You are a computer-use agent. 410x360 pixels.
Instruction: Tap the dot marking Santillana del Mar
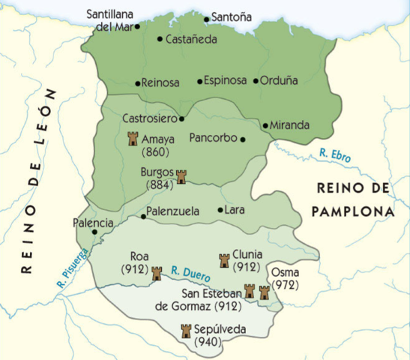[137, 25]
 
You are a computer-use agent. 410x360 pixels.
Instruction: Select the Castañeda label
[191, 39]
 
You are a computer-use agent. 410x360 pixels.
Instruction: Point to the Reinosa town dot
[137, 83]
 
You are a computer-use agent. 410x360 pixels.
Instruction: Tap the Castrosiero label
[148, 118]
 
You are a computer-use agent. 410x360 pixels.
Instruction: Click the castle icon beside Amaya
[133, 139]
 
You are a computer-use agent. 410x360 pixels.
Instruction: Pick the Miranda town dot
[265, 125]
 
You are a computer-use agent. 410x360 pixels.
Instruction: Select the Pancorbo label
[214, 138]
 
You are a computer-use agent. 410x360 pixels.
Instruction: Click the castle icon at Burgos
[180, 176]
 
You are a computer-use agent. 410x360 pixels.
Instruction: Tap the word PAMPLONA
[355, 211]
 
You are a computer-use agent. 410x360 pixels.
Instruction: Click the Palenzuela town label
[173, 211]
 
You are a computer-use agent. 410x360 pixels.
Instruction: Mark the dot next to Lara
[220, 211]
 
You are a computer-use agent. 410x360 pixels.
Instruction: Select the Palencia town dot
[94, 232]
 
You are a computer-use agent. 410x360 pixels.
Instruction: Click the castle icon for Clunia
[223, 260]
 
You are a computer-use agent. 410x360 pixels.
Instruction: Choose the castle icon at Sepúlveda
[186, 331]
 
